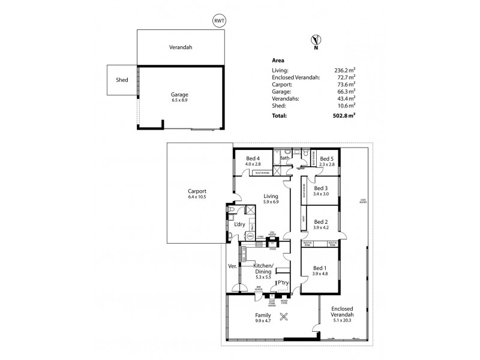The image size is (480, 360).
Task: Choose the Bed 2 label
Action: pyautogui.click(x=321, y=221)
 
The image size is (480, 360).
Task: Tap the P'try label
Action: pyautogui.click(x=283, y=282)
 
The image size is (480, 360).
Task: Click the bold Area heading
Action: pyautogui.click(x=278, y=61)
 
